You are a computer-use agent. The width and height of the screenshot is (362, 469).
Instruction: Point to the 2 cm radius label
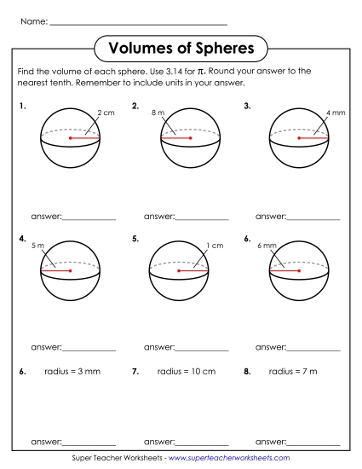[x=106, y=113]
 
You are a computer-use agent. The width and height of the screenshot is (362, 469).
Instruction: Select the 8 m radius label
[x=158, y=113]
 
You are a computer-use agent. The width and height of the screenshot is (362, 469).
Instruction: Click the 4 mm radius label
[x=335, y=113]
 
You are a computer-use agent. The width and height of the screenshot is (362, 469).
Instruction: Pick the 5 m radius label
[x=37, y=246]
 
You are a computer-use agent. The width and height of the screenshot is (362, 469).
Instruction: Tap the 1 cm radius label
[x=215, y=246]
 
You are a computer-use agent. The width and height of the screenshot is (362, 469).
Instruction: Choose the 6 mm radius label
[x=267, y=246]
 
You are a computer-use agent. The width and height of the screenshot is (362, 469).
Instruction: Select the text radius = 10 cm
[x=187, y=372]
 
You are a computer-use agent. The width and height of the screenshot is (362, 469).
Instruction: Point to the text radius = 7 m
[x=293, y=372]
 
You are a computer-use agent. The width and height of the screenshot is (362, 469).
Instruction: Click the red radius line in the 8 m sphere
[x=176, y=137]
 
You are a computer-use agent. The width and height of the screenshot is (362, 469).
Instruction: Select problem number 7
[x=135, y=372]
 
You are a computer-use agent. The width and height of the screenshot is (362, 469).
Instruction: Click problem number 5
[x=135, y=240]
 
